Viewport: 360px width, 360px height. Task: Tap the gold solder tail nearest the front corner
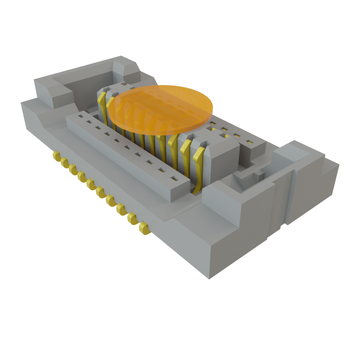pyautogui.click(x=144, y=229)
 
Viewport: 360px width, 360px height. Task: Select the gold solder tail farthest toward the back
pyautogui.click(x=56, y=156)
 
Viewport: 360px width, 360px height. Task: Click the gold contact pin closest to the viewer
pyautogui.click(x=198, y=169)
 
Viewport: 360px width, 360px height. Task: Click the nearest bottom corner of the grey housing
pyautogui.click(x=210, y=278)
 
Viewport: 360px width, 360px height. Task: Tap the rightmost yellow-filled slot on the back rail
pyautogui.click(x=250, y=142)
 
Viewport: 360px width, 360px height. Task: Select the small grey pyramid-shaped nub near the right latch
pyautogui.click(x=258, y=173)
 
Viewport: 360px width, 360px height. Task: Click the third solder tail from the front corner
pyautogui.click(x=122, y=209)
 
